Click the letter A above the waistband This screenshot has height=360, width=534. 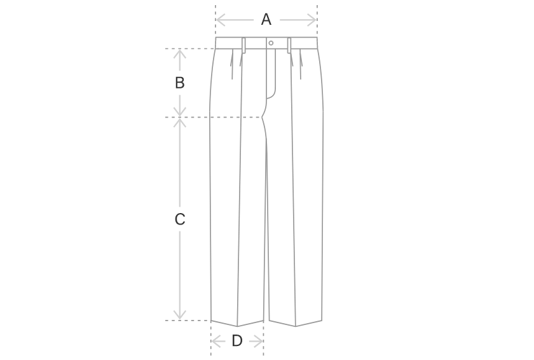pyautogui.click(x=266, y=20)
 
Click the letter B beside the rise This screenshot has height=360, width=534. pyautogui.click(x=180, y=83)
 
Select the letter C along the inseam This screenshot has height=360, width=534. pyautogui.click(x=180, y=219)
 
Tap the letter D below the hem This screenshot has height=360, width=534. pyautogui.click(x=237, y=340)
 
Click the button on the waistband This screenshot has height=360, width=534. pyautogui.click(x=271, y=43)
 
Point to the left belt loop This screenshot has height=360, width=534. pyautogui.click(x=244, y=46)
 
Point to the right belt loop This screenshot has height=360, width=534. pyautogui.click(x=289, y=46)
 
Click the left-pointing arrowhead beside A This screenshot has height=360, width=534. pyautogui.click(x=221, y=20)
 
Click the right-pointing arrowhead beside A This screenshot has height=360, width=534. pyautogui.click(x=312, y=20)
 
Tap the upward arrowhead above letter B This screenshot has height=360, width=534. pyautogui.click(x=180, y=54)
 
